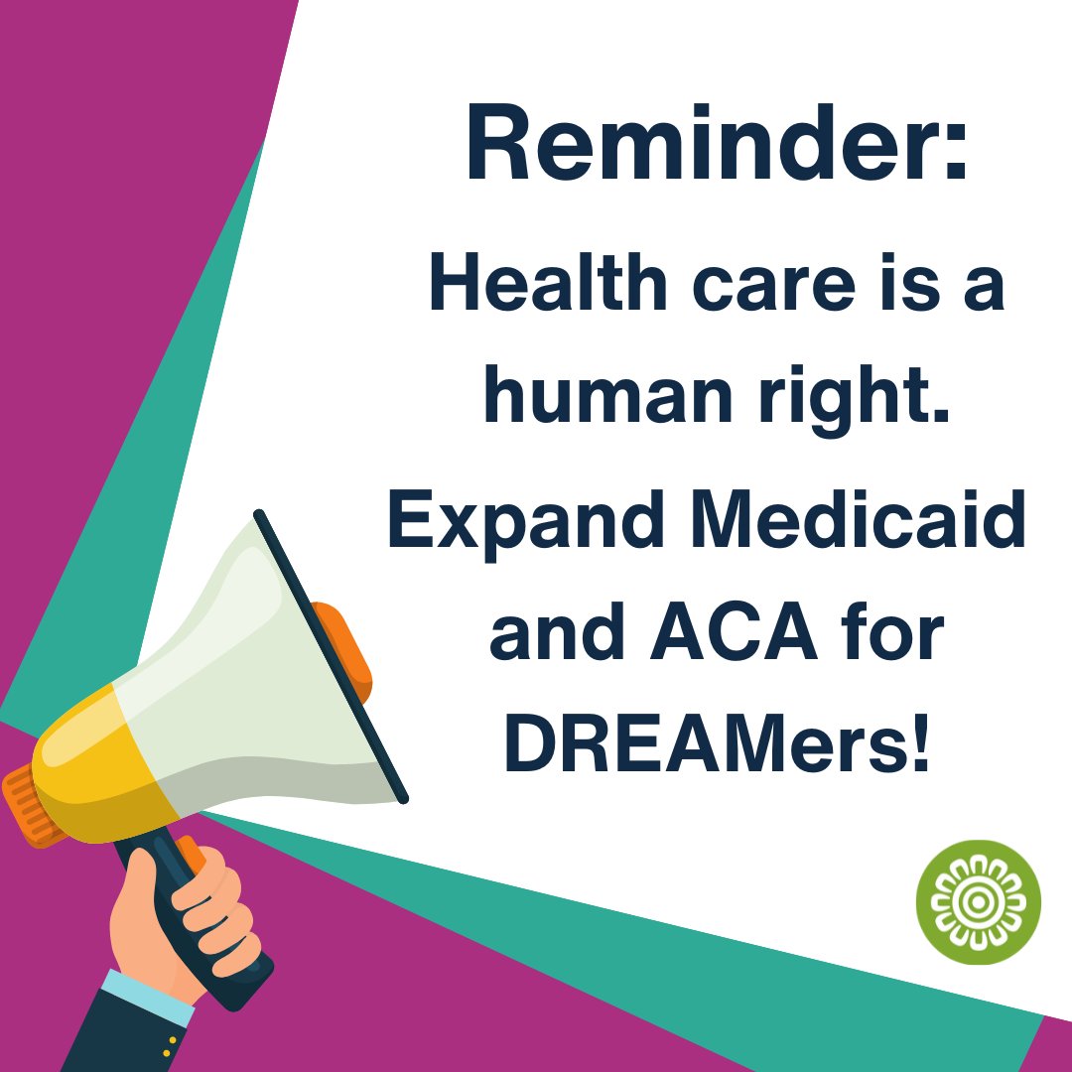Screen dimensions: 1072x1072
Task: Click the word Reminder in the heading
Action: click(x=700, y=149)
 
